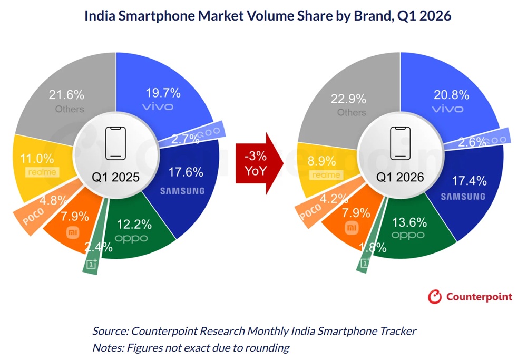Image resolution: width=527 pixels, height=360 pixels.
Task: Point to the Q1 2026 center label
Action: click(399, 177)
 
